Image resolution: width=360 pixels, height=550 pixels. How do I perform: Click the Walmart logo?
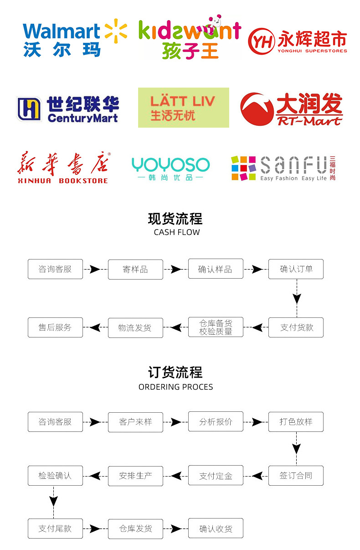75,38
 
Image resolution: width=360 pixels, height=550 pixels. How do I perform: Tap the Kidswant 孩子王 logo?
189,38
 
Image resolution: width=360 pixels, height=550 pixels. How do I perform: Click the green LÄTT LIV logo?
183,108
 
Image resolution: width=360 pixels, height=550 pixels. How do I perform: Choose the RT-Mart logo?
291,109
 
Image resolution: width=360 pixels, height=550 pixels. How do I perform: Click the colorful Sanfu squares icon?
243,168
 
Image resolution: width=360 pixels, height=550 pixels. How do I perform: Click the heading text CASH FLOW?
177,232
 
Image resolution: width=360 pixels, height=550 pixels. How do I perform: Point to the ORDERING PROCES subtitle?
175,387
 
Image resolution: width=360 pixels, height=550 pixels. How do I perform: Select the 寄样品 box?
135,269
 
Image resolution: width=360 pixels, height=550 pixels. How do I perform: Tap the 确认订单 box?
296,269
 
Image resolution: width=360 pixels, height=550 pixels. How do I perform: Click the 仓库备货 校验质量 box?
216,327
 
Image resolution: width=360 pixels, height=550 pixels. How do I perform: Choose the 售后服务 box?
55,327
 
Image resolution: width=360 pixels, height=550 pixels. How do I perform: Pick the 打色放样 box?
296,422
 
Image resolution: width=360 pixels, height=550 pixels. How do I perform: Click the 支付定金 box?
216,476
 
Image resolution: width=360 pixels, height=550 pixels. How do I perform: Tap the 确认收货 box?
216,529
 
